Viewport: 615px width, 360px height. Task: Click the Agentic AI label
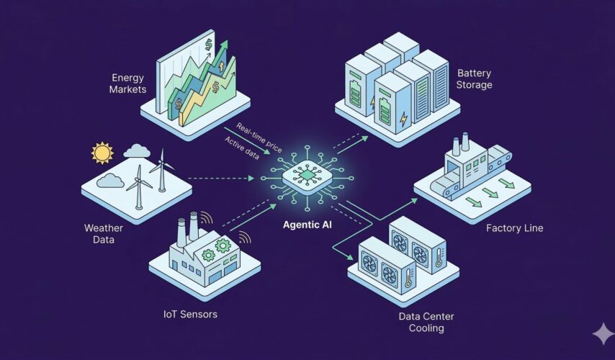point(306,223)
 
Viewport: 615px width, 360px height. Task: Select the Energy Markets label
point(129,83)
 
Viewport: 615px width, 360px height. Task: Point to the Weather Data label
point(104,234)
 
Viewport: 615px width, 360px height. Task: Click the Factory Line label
point(514,228)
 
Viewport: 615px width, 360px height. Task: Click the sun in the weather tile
point(102,153)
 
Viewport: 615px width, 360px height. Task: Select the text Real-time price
point(259,136)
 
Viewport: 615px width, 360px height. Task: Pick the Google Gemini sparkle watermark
point(601,333)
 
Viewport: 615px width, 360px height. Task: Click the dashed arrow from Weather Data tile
point(223,177)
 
